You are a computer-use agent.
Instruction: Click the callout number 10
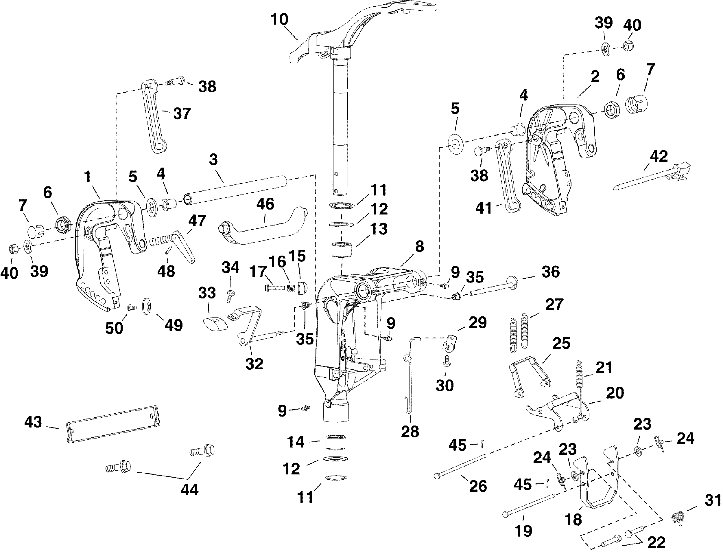tap(280, 20)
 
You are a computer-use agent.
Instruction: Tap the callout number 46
tap(265, 204)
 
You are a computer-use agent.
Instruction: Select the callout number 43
tap(34, 422)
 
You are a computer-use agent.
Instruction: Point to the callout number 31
tap(713, 500)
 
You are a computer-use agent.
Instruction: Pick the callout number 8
tap(419, 246)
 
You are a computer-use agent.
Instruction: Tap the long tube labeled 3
tap(236, 191)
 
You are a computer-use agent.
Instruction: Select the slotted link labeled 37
tap(154, 117)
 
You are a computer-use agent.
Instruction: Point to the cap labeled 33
tap(215, 321)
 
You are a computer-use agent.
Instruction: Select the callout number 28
tap(410, 431)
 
